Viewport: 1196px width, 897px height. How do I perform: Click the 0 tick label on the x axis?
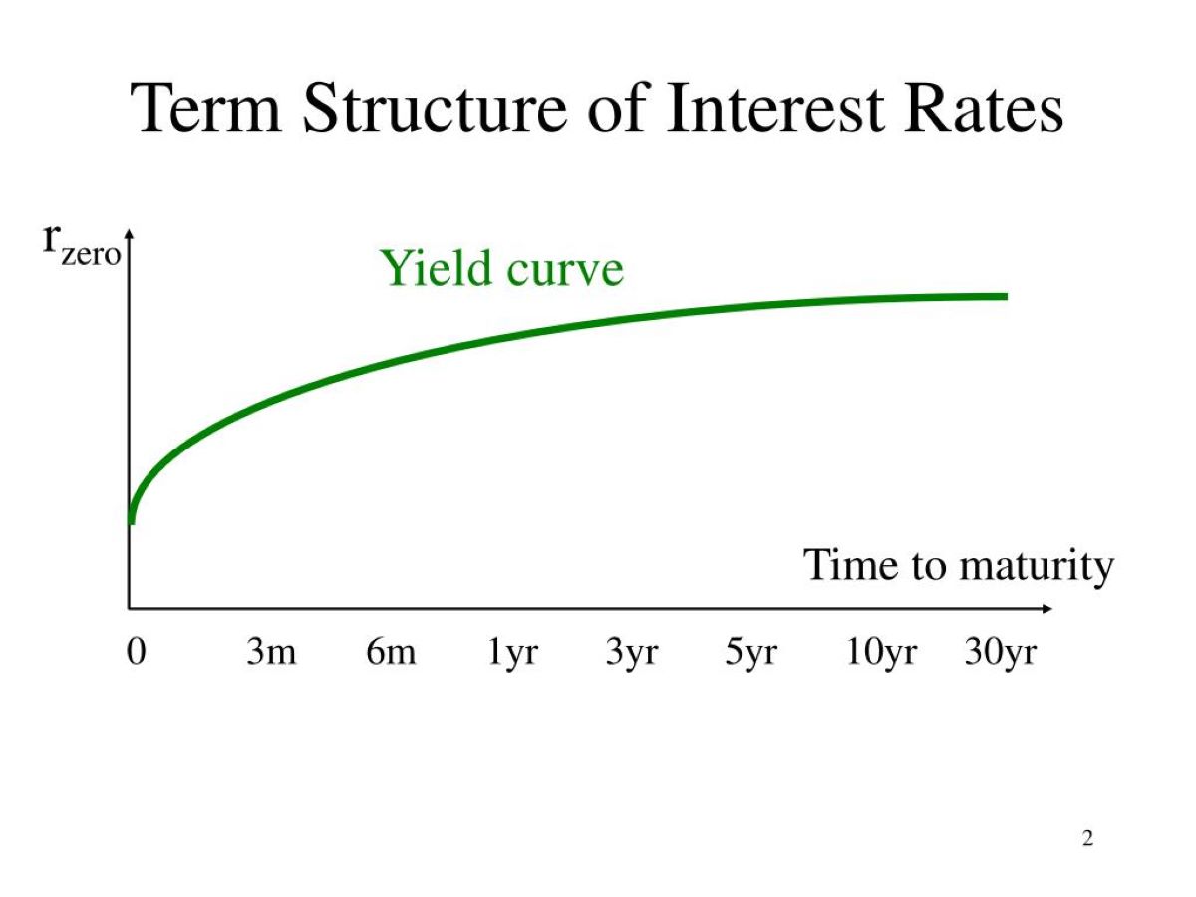[137, 651]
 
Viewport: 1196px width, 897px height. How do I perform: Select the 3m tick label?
[271, 651]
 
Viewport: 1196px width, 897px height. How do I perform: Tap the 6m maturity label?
[391, 651]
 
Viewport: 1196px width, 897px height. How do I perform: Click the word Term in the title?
[206, 107]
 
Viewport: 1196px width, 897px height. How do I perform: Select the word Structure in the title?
[435, 107]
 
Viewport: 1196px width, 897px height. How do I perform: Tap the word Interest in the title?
[774, 107]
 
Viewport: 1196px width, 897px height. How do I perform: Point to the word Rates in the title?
[983, 107]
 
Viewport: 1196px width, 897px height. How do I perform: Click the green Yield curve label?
[502, 268]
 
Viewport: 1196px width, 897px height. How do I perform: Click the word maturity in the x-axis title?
[1037, 567]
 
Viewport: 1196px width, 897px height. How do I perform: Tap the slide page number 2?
[1087, 839]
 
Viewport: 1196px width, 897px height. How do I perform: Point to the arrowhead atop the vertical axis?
[130, 235]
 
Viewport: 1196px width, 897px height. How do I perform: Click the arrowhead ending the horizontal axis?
[1046, 608]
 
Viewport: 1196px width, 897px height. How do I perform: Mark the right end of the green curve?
[1007, 296]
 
